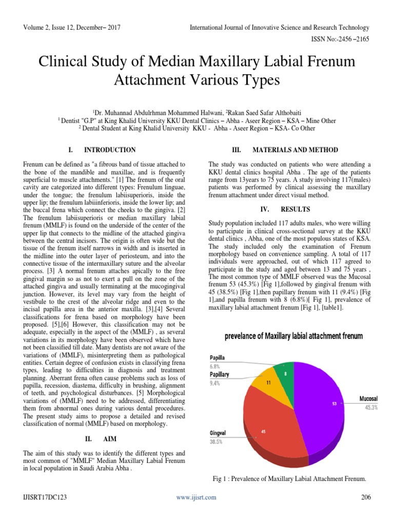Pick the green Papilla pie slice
click(284, 373)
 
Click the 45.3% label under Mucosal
click(371, 408)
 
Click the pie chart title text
click(293, 336)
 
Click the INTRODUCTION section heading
click(110, 150)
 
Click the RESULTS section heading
click(295, 210)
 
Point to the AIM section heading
click(110, 439)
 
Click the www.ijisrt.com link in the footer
click(196, 497)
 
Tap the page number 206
click(365, 497)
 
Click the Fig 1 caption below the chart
click(289, 478)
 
